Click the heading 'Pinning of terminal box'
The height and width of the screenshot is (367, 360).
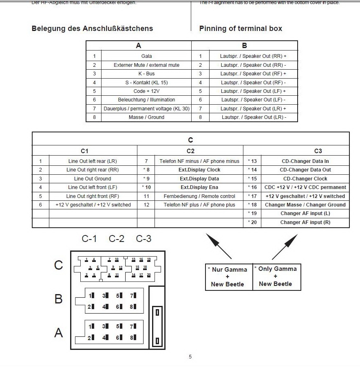coord(241,29)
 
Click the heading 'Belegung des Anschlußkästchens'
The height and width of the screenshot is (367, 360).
coord(92,29)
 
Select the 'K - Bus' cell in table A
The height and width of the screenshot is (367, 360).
coord(146,74)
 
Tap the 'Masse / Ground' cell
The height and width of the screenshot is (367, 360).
coord(146,117)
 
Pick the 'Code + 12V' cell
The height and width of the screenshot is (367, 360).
coord(146,91)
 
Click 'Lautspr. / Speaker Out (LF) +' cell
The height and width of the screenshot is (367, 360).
coord(253,91)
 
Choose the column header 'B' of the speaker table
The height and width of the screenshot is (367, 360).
coord(244,46)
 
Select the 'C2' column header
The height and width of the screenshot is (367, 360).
coord(190,151)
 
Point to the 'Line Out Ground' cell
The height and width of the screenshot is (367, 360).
coord(93,179)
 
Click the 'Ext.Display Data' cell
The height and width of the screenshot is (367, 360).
coord(199,179)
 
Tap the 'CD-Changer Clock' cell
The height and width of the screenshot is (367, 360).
coord(305,179)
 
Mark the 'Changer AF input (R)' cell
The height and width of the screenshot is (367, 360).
coord(305,222)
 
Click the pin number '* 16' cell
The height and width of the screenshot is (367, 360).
coord(252,187)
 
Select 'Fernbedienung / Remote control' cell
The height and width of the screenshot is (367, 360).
coord(199,196)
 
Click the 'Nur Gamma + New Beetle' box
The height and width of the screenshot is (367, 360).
coord(229,277)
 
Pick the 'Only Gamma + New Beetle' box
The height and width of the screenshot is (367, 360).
coord(277,277)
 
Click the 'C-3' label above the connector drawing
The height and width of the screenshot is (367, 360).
coord(144,239)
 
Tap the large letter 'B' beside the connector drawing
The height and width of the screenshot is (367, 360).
coord(59,299)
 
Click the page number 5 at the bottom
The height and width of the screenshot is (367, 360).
coord(190,357)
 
